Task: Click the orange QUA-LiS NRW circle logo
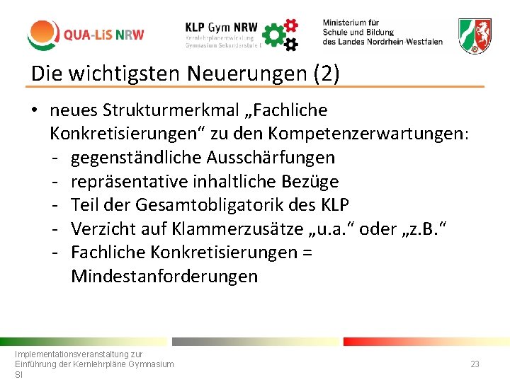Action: pyautogui.click(x=43, y=34)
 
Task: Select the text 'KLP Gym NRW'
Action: pyautogui.click(x=221, y=25)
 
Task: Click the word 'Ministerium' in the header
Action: pyautogui.click(x=351, y=23)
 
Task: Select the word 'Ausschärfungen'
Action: pyautogui.click(x=278, y=157)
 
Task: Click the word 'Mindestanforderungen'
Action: pyautogui.click(x=164, y=276)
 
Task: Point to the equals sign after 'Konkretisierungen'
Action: pyautogui.click(x=307, y=253)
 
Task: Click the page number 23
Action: pyautogui.click(x=475, y=364)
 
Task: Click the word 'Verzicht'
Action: pyautogui.click(x=100, y=228)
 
